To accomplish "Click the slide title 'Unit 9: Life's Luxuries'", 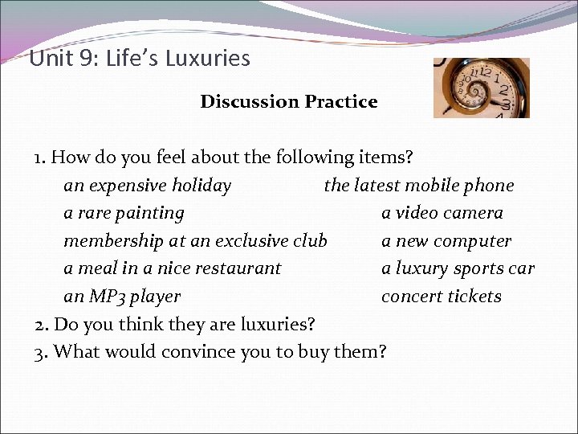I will click(x=140, y=59).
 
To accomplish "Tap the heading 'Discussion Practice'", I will click(x=288, y=102).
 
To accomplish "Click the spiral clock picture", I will click(x=481, y=88).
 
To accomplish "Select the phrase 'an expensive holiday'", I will click(x=147, y=186).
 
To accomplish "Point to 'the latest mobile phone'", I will click(x=418, y=186).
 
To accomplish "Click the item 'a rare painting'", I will click(x=124, y=214).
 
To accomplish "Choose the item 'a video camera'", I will click(x=442, y=214).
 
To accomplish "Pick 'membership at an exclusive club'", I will click(x=195, y=241).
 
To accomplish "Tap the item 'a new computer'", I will click(x=446, y=241).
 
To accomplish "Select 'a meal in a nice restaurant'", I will click(x=173, y=268).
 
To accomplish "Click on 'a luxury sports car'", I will click(x=458, y=268).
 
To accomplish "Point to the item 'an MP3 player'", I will click(x=122, y=297).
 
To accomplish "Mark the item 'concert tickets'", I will click(x=441, y=297).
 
